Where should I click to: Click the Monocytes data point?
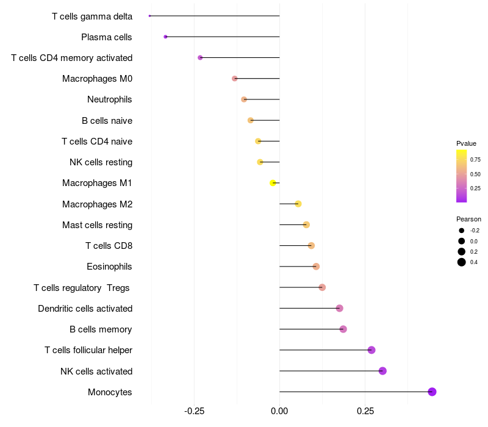(432, 392)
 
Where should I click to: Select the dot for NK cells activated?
(382, 371)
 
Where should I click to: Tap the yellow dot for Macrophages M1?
(273, 183)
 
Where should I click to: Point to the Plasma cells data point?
(165, 37)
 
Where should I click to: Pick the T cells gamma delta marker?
(149, 16)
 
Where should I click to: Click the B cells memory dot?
(343, 329)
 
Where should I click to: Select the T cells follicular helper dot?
(371, 350)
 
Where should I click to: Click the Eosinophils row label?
(110, 267)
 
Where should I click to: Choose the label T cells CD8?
(109, 246)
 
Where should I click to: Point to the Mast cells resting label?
(97, 225)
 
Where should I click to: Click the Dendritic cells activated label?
(85, 309)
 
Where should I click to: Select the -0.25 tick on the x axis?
(194, 411)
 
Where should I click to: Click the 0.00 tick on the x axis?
(279, 411)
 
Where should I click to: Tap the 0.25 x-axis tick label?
(365, 411)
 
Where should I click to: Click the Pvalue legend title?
(466, 143)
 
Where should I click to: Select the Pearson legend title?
(468, 219)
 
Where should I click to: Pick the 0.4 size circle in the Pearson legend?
(462, 262)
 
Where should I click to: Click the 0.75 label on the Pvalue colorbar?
(475, 160)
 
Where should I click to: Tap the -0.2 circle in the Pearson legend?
(462, 231)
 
